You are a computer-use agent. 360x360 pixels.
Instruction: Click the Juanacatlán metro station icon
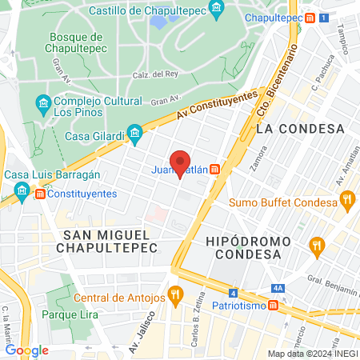point(215,169)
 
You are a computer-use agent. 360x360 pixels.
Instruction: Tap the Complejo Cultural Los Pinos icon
point(44,104)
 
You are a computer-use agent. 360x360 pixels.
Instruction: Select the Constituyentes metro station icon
point(38,194)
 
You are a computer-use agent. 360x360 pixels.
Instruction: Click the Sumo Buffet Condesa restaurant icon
point(348,202)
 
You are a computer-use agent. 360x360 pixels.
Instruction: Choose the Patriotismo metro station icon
point(274,305)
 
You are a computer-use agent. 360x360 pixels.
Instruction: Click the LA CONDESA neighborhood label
point(299,128)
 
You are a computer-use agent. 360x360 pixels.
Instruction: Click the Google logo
point(27,350)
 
